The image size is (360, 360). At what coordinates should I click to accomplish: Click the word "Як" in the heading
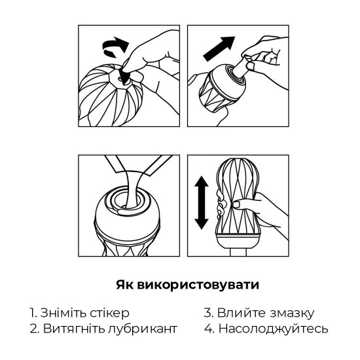pos(128,285)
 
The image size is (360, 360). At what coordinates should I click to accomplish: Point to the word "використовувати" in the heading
pos(200,285)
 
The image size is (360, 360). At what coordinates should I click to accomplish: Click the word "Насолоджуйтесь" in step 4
pos(274,328)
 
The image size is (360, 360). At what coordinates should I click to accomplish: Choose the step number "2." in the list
pos(34,328)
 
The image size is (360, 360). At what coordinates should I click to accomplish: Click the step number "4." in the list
pos(209,328)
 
